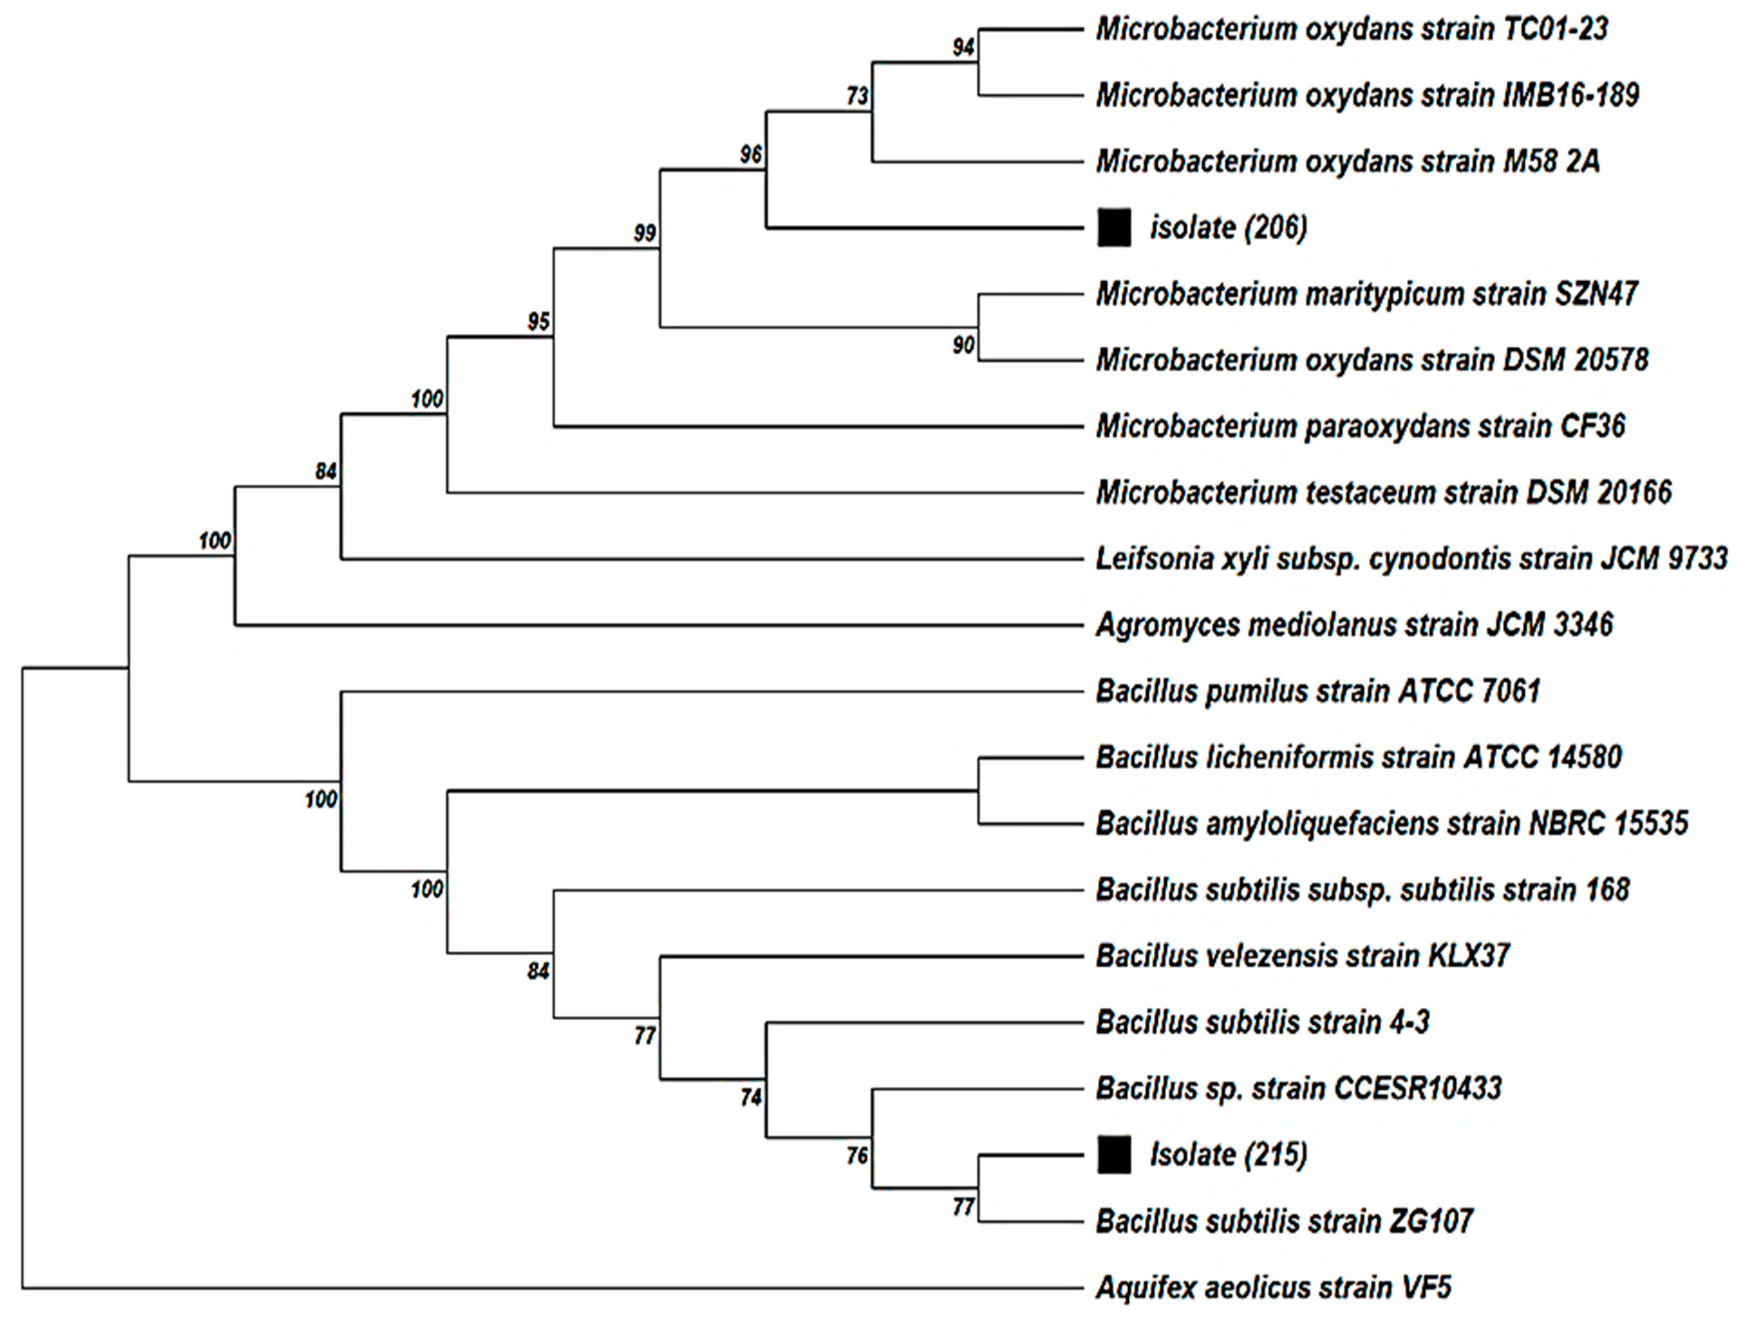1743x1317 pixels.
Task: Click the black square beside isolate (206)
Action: click(1114, 228)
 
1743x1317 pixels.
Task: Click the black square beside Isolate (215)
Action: click(1114, 1154)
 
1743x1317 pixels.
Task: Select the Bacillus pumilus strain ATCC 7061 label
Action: click(1317, 691)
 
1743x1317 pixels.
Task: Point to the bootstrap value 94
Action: click(963, 48)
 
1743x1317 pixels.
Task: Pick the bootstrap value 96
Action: click(751, 155)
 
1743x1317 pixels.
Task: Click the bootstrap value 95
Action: click(538, 322)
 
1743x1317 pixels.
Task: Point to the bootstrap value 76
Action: click(857, 1155)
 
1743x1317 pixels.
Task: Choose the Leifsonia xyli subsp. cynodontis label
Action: click(1411, 559)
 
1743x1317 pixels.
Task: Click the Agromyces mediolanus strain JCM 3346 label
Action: click(1354, 625)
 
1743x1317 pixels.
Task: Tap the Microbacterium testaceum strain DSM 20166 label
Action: click(1383, 493)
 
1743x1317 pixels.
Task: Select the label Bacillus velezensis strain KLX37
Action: click(1302, 956)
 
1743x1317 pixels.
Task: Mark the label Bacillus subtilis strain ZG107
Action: click(1284, 1221)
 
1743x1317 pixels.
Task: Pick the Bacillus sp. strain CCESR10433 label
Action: click(1298, 1088)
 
